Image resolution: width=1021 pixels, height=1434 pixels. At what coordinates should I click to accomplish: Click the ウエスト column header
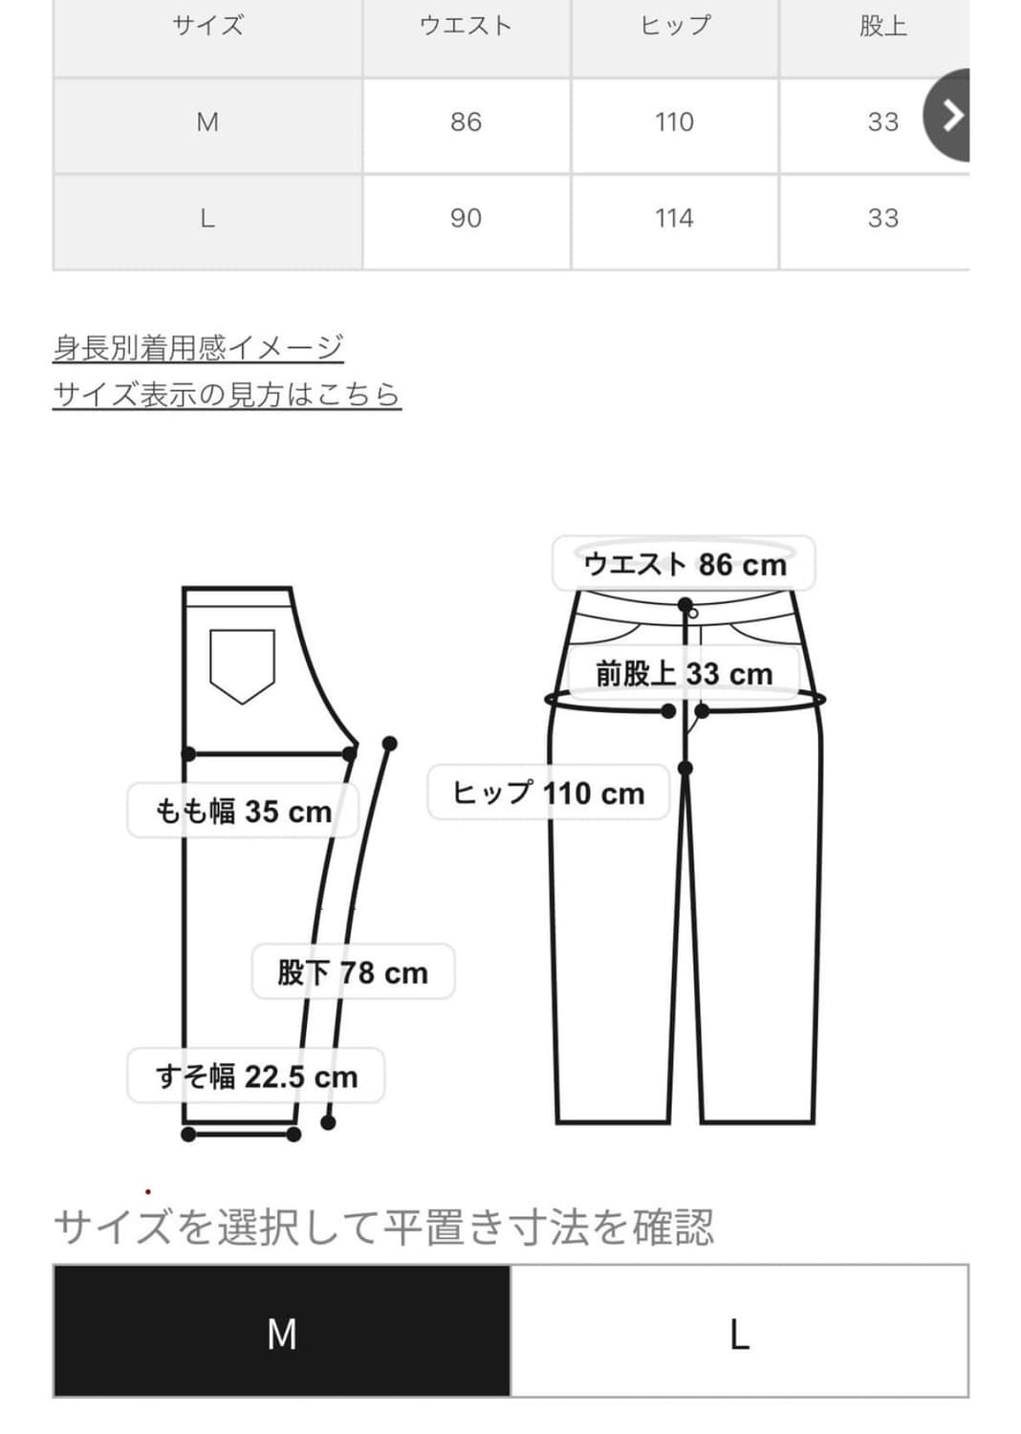pyautogui.click(x=466, y=26)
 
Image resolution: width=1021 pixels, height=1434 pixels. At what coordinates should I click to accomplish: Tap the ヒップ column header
pyautogui.click(x=675, y=26)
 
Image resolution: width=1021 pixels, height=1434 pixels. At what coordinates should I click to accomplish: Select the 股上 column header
pyautogui.click(x=882, y=26)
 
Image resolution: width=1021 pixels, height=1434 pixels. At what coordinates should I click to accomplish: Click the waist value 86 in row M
pyautogui.click(x=466, y=122)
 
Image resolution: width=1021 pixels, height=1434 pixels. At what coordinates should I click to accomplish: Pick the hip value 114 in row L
pyautogui.click(x=674, y=219)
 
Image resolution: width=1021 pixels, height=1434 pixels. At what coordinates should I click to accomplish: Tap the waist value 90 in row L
pyautogui.click(x=466, y=219)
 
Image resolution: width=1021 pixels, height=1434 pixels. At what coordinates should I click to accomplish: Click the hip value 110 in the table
pyautogui.click(x=674, y=122)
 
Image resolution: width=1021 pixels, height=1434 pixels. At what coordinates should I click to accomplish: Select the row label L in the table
pyautogui.click(x=206, y=219)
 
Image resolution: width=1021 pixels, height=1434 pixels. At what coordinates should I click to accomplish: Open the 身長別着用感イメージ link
pyautogui.click(x=198, y=347)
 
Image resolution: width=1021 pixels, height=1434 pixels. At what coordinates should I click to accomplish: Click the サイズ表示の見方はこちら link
pyautogui.click(x=227, y=394)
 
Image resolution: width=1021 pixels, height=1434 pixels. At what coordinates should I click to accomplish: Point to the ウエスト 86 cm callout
pyautogui.click(x=684, y=564)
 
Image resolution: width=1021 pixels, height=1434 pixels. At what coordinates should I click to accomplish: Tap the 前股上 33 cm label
pyautogui.click(x=684, y=674)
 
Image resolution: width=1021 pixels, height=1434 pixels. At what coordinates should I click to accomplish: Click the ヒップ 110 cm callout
pyautogui.click(x=548, y=793)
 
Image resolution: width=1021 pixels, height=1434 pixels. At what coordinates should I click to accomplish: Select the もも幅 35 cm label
pyautogui.click(x=243, y=812)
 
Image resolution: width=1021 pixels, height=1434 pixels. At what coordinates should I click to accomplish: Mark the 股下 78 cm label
pyautogui.click(x=353, y=972)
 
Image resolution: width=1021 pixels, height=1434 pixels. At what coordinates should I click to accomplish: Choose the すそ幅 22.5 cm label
pyautogui.click(x=256, y=1076)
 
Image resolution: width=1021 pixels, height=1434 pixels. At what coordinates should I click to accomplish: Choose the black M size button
pyautogui.click(x=282, y=1333)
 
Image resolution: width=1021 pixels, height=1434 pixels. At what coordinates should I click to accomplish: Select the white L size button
pyautogui.click(x=739, y=1333)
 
